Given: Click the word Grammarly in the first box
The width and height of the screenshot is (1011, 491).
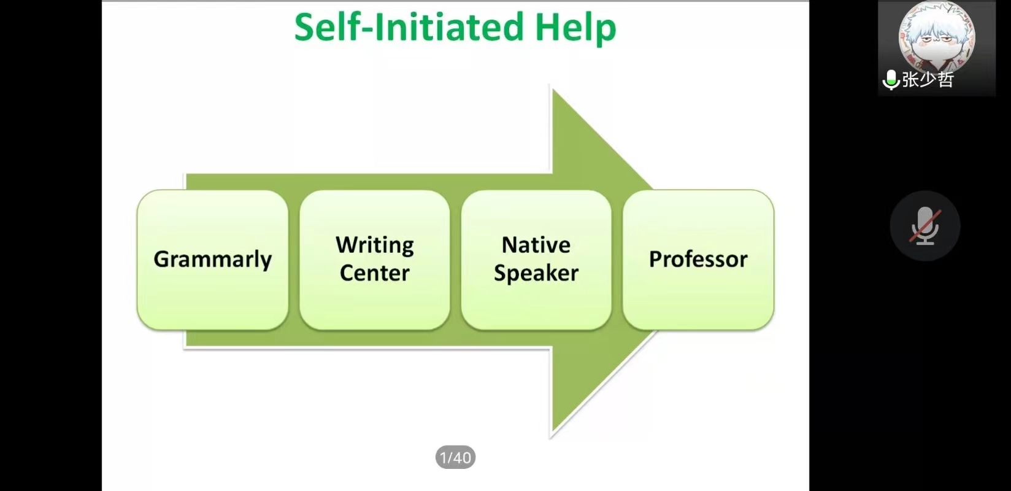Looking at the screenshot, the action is pos(213,260).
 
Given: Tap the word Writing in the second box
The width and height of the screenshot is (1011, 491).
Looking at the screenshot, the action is pos(375,246).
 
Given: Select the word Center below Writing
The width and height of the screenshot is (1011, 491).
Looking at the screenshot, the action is pos(375,273).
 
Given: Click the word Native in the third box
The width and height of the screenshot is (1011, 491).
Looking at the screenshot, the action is pos(536,245).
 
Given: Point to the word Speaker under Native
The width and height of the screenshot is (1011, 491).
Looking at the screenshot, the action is pos(536,274).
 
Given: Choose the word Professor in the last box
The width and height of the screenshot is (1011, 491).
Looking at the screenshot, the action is pos(698,259).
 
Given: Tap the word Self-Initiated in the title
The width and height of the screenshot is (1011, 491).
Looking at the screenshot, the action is pos(409,26).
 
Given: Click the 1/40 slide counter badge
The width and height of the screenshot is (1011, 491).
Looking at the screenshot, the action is pos(455,457).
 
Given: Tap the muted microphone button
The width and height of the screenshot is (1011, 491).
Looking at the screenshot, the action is pos(925,226).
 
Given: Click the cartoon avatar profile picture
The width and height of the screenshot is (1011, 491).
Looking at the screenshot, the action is pos(937,36).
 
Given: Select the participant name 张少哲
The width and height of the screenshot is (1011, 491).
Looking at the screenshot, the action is pos(928,80).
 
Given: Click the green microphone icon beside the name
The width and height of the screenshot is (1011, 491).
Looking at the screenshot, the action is pos(891,80).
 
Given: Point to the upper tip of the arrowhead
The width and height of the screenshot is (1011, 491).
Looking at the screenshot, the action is pos(553,88).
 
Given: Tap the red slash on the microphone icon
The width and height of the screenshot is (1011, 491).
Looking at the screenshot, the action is pos(925,226).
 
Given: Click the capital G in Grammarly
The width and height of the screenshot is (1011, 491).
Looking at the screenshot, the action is pos(162,259).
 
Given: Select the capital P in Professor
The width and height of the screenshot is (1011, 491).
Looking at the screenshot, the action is pos(656,259).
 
